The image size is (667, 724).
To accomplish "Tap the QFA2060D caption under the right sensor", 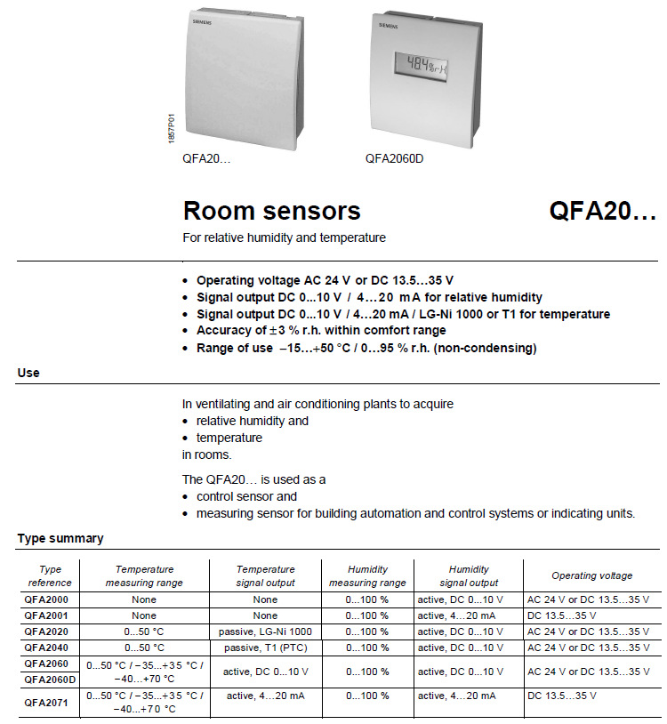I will click(394, 158).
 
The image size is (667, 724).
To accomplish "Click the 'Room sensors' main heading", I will click(271, 211).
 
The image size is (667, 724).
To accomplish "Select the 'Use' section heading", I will click(28, 373).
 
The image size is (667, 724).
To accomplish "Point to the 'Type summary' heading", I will click(60, 538).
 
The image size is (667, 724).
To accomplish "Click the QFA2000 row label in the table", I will click(45, 600).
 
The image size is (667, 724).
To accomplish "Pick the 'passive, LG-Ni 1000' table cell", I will click(265, 631).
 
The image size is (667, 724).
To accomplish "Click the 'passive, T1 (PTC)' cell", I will click(265, 647).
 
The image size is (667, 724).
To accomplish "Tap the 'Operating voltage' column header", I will click(591, 575).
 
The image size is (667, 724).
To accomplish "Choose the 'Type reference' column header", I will click(50, 575).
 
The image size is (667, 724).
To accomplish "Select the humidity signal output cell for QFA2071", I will click(458, 695).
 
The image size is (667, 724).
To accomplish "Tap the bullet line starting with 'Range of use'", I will click(366, 348).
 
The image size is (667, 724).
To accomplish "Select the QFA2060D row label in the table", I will click(50, 679).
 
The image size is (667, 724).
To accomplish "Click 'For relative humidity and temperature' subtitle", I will click(284, 238).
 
